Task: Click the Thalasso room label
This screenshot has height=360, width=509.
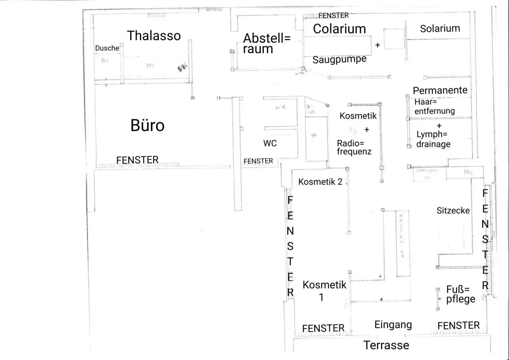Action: coord(154,36)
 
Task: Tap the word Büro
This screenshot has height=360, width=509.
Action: coord(147,126)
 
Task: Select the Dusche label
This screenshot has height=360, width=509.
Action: coord(107,48)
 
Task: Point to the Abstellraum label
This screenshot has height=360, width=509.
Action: coord(266,43)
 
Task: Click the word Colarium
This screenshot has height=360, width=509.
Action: coord(339,29)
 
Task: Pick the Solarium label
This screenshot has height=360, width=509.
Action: coord(440,29)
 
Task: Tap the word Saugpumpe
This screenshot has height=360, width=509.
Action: coord(339,60)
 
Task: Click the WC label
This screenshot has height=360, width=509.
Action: coord(270,143)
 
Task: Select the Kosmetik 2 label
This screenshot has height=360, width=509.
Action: coord(320,182)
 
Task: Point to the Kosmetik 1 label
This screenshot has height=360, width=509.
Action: coord(324,290)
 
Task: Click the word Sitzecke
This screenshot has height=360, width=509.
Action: coord(453,210)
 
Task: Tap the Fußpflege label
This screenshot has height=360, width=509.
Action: coord(460,294)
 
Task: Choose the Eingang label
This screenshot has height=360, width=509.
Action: coord(393,325)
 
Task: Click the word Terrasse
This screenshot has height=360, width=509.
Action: coord(386,345)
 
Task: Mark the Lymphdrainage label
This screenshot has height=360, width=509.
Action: coord(433,139)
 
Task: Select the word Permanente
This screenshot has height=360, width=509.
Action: coord(440,90)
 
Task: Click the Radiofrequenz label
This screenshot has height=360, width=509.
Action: coord(354,148)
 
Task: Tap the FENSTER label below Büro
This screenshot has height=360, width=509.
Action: coord(137,160)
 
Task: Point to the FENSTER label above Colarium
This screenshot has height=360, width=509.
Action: coord(333,15)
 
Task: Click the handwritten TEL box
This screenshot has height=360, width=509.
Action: coord(468,172)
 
